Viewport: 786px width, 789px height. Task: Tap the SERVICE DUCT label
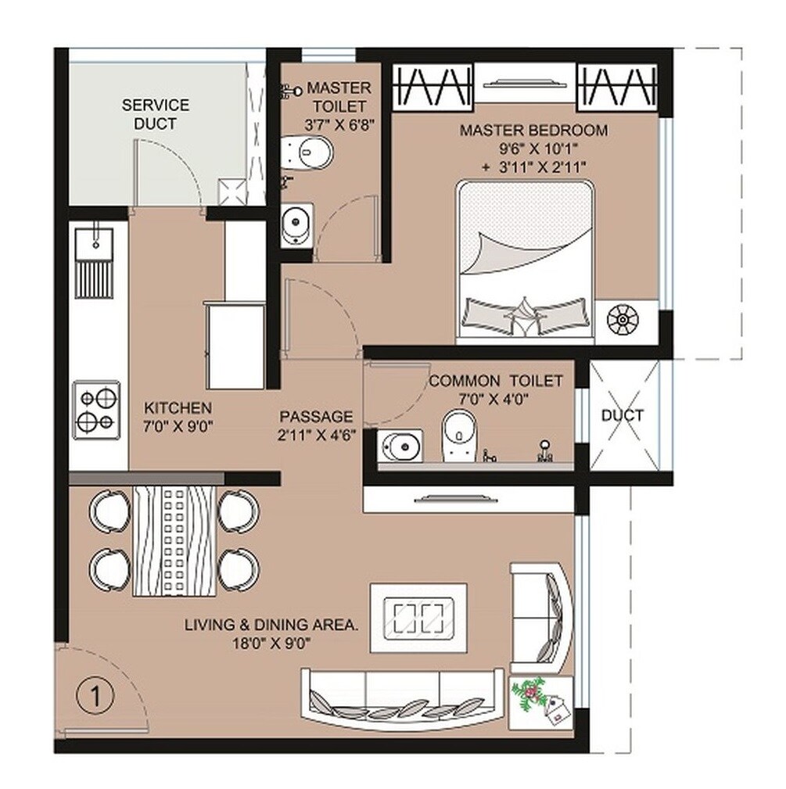[x=155, y=114]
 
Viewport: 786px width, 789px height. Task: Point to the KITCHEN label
[x=178, y=408]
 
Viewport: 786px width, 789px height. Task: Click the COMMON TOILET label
[x=495, y=381]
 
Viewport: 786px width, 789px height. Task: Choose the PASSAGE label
[x=316, y=417]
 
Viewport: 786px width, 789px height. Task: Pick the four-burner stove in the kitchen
[x=97, y=410]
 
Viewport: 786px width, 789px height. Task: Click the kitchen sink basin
[x=95, y=238]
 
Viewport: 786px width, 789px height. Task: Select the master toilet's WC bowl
[x=308, y=151]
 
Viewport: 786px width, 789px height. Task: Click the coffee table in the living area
[x=418, y=617]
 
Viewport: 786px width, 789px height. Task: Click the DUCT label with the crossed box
[x=623, y=415]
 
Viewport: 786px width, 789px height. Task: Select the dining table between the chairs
[x=174, y=540]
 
